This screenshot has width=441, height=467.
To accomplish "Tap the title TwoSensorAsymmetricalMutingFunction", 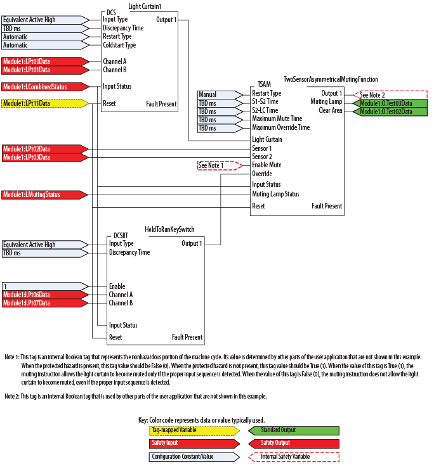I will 331,80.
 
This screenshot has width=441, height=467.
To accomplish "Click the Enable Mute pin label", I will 267,165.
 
